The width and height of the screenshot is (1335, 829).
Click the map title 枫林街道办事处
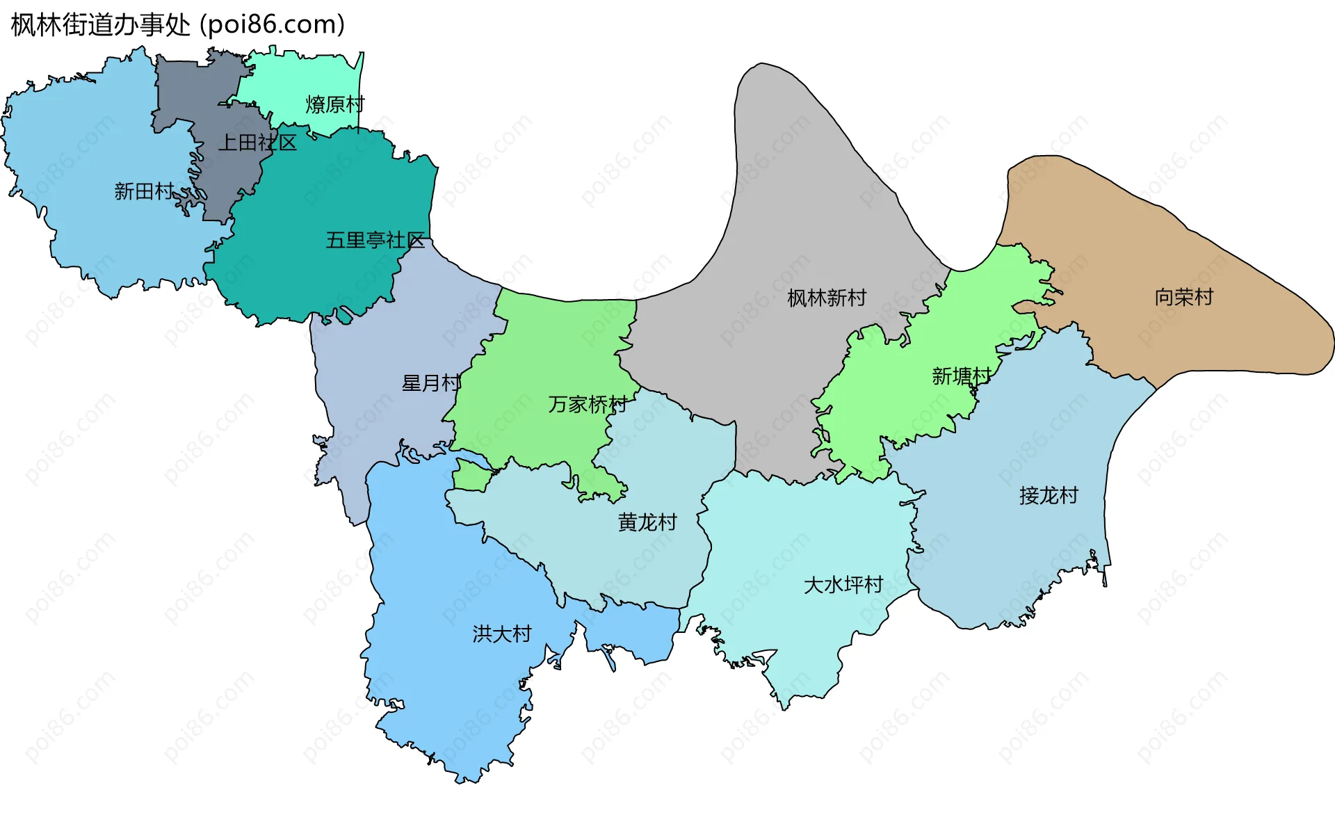click(100, 25)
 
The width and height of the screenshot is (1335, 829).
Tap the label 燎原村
click(335, 104)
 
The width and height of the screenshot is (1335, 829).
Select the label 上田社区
click(257, 143)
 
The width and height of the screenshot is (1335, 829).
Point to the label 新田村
click(143, 191)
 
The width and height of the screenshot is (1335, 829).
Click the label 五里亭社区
click(375, 240)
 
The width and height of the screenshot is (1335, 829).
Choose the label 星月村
click(431, 383)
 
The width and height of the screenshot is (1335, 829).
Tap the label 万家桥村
click(588, 404)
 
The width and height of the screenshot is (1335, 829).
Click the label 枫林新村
click(827, 298)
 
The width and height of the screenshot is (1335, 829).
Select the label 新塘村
click(962, 376)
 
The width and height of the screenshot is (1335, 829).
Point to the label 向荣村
click(1184, 297)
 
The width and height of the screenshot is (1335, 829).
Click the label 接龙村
click(1049, 495)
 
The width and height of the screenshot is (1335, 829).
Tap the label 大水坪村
click(843, 584)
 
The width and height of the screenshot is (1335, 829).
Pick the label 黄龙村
click(647, 522)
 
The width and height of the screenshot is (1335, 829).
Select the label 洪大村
click(502, 634)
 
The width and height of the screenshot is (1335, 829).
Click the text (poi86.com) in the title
click(273, 25)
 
